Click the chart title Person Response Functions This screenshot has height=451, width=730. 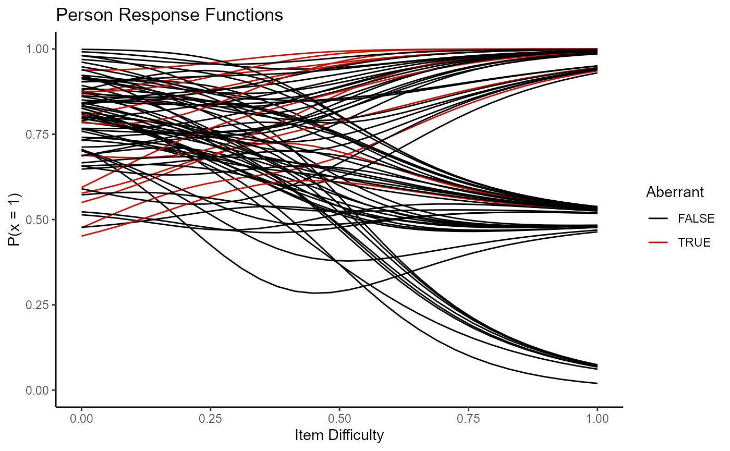click(x=169, y=15)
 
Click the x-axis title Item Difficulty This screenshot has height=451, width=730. click(x=339, y=434)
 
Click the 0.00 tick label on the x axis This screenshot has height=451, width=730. click(x=82, y=418)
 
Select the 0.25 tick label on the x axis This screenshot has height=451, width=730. click(x=211, y=418)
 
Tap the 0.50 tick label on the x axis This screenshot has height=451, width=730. click(x=339, y=418)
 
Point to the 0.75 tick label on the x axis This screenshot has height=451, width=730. click(x=468, y=418)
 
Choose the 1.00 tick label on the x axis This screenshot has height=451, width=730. click(x=597, y=418)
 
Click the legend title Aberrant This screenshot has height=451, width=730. click(x=675, y=192)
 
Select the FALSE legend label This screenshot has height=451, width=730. click(x=696, y=219)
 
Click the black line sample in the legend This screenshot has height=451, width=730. click(x=656, y=219)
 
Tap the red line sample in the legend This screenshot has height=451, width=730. click(x=656, y=242)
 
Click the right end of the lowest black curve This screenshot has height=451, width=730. click(x=597, y=383)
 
